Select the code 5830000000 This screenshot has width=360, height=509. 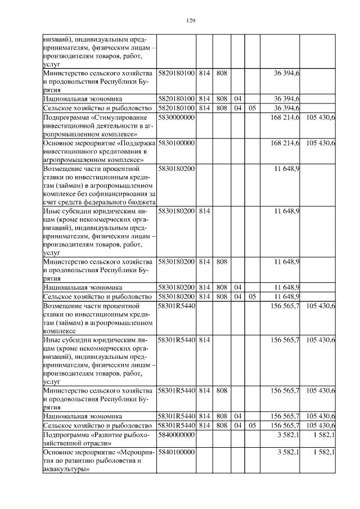[176, 118]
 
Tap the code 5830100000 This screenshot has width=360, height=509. [176, 143]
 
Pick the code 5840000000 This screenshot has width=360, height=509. [176, 435]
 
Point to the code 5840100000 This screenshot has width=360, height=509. [176, 452]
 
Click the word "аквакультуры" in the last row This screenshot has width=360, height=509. [66, 469]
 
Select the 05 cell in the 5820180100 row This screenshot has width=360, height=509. [252, 107]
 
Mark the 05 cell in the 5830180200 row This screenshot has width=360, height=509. [252, 296]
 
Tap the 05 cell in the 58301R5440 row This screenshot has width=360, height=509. [252, 425]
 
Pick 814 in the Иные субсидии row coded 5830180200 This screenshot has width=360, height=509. [204, 210]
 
